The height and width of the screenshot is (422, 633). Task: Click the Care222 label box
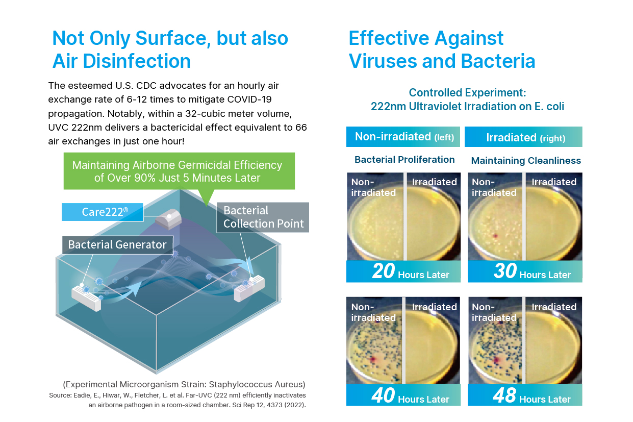tap(103, 212)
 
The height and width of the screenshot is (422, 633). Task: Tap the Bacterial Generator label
tap(117, 245)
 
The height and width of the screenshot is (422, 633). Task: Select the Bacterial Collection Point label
tap(263, 217)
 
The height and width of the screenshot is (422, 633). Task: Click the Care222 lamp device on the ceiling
tap(168, 219)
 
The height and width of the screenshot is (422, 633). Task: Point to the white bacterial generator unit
tap(86, 298)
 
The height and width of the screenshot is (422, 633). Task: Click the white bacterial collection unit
tap(249, 288)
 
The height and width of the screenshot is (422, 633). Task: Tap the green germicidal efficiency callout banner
tap(179, 171)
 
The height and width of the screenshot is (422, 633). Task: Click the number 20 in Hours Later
tap(383, 271)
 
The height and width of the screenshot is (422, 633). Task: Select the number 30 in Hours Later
tap(505, 271)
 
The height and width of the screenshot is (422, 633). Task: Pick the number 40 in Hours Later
tap(383, 395)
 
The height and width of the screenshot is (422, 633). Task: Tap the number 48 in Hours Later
tap(504, 395)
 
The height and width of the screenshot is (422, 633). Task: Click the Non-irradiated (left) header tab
tap(403, 137)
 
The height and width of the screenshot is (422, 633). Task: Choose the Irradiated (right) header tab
tap(523, 137)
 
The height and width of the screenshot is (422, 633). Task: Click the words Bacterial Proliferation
tap(404, 160)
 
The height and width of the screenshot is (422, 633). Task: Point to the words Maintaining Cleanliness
tap(526, 161)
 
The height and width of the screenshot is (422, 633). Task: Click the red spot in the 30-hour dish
tap(495, 236)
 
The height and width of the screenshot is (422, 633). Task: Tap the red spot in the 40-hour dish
tap(373, 360)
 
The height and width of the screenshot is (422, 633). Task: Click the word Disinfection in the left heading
tap(137, 61)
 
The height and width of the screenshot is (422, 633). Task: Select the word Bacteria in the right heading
tap(498, 61)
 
